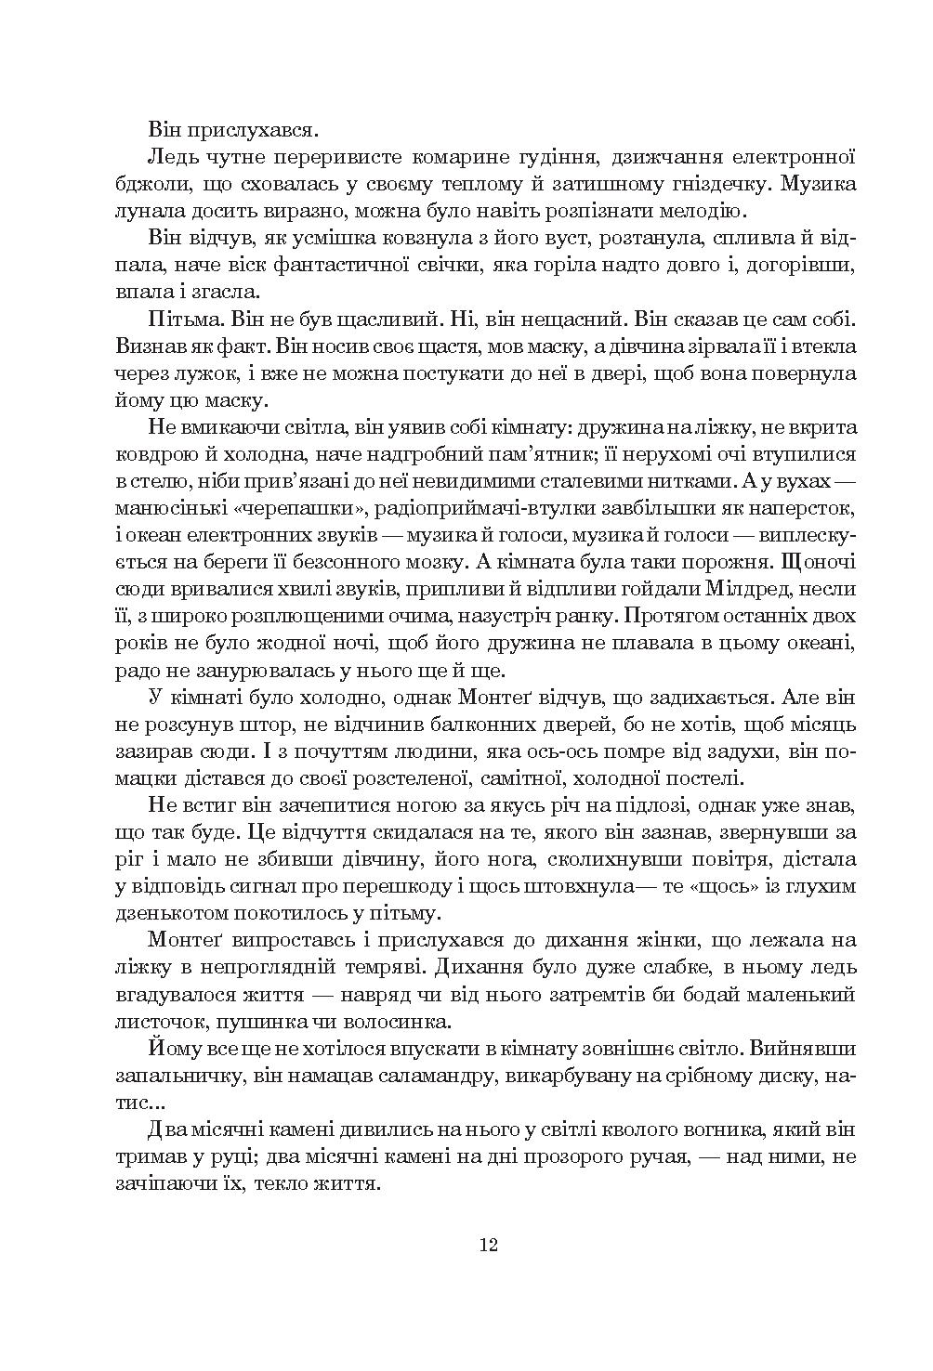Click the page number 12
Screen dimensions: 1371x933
(490, 1246)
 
